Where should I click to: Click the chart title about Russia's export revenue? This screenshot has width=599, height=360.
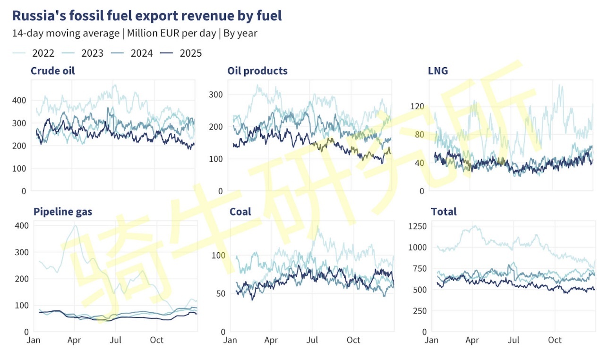147,16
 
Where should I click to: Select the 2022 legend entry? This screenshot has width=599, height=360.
43,53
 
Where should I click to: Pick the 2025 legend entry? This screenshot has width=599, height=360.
190,53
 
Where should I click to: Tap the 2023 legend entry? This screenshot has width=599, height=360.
92,53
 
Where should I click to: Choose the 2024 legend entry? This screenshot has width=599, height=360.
141,53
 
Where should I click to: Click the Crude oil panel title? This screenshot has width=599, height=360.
52,71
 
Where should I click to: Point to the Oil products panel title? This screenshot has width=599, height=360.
257,71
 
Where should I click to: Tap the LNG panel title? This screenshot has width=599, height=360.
437,71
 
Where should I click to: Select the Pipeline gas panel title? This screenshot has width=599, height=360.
62,212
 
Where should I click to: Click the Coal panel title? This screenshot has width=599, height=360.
240,212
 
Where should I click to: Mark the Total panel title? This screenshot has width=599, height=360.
444,212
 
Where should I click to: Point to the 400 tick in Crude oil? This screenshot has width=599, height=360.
18,100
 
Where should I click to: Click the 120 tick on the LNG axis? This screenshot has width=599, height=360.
417,106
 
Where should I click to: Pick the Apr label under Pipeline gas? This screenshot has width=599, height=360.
74,340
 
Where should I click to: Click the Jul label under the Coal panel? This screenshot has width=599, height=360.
312,340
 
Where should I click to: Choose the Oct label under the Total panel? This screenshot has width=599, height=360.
555,340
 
